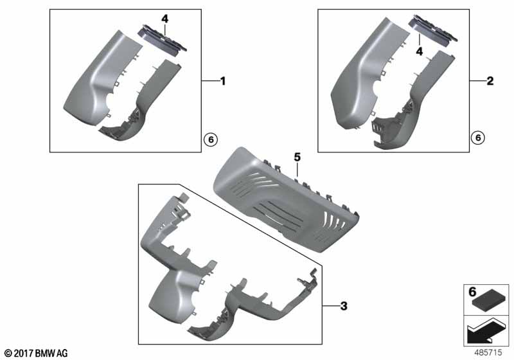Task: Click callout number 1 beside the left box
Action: (223, 81)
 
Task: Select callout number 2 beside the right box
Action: (490, 81)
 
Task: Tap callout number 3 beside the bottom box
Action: (344, 306)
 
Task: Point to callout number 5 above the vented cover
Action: (297, 157)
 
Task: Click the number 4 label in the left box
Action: (165, 19)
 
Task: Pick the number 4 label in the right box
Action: (420, 51)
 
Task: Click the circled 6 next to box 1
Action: (211, 139)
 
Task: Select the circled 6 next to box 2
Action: (478, 138)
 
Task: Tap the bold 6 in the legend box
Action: (472, 291)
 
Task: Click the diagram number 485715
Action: (488, 352)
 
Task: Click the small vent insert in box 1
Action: (163, 39)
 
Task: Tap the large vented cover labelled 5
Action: (286, 200)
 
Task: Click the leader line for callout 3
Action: (331, 306)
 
